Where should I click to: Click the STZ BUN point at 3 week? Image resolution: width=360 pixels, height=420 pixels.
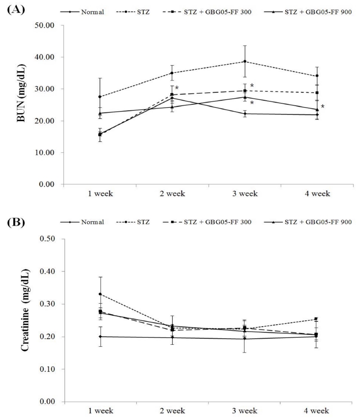click(244, 61)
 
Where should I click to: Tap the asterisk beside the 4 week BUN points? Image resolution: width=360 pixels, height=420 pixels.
click(323, 106)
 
